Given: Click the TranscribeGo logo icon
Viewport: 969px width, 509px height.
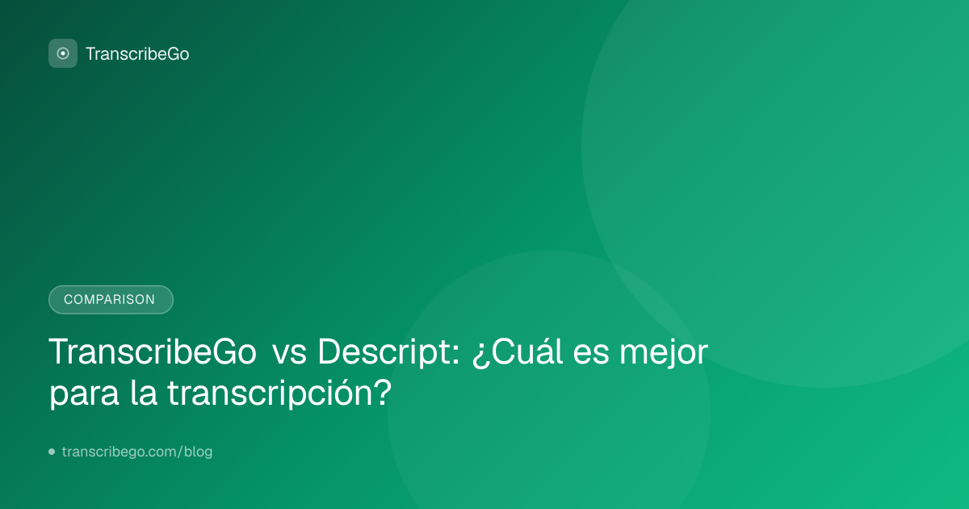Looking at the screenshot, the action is click(63, 53).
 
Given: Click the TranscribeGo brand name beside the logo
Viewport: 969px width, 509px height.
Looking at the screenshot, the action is click(137, 54).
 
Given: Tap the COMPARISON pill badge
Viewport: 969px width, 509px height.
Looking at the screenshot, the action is click(111, 300).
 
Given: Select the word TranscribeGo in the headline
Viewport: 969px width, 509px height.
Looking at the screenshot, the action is click(153, 352).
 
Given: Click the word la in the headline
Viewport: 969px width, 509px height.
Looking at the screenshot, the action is click(144, 393).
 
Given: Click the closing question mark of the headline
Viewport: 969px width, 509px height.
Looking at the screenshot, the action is click(383, 392).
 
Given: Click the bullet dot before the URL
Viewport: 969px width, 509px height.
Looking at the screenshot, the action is click(52, 452).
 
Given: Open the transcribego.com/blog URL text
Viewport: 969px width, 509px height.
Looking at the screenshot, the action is click(137, 452).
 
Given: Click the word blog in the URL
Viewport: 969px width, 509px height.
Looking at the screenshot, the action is click(198, 452).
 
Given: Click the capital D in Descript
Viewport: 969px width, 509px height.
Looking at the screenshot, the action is click(331, 352).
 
